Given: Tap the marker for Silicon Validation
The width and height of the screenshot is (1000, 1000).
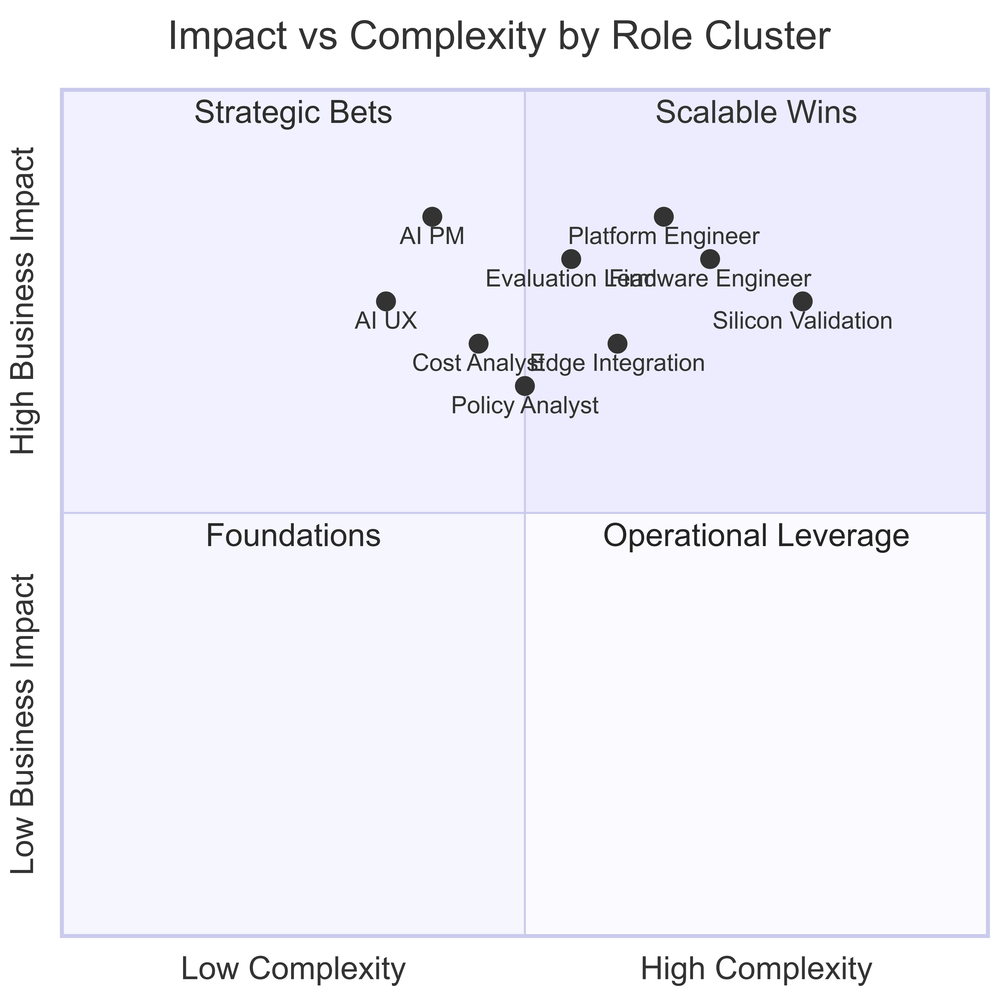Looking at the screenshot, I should tap(803, 301).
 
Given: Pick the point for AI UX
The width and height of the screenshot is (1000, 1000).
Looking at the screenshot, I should tap(386, 301).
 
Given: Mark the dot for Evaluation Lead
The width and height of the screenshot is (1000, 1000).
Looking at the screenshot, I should tap(571, 258).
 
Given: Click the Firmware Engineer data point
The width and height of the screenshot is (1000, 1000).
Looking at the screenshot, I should tap(710, 258).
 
